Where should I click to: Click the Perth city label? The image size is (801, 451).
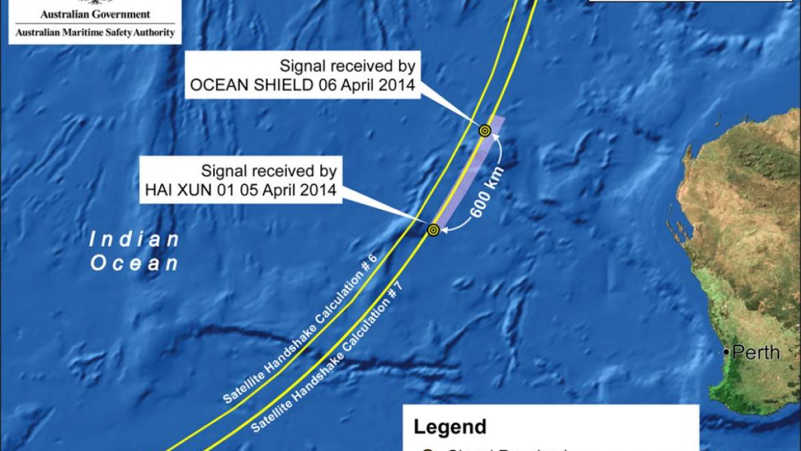point(756,352)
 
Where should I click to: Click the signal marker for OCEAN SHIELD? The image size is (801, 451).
point(485,131)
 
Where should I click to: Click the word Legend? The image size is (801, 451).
point(450,427)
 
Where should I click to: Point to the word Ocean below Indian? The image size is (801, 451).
point(134,263)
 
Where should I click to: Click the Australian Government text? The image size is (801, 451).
point(95,14)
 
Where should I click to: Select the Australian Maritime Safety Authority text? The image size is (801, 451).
point(95,32)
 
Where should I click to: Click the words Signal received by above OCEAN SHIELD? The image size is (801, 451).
point(347,66)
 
